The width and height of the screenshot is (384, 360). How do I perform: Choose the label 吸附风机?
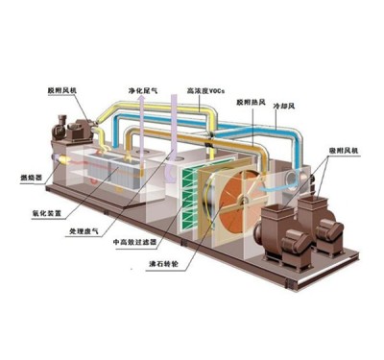pyautogui.click(x=337, y=151)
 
